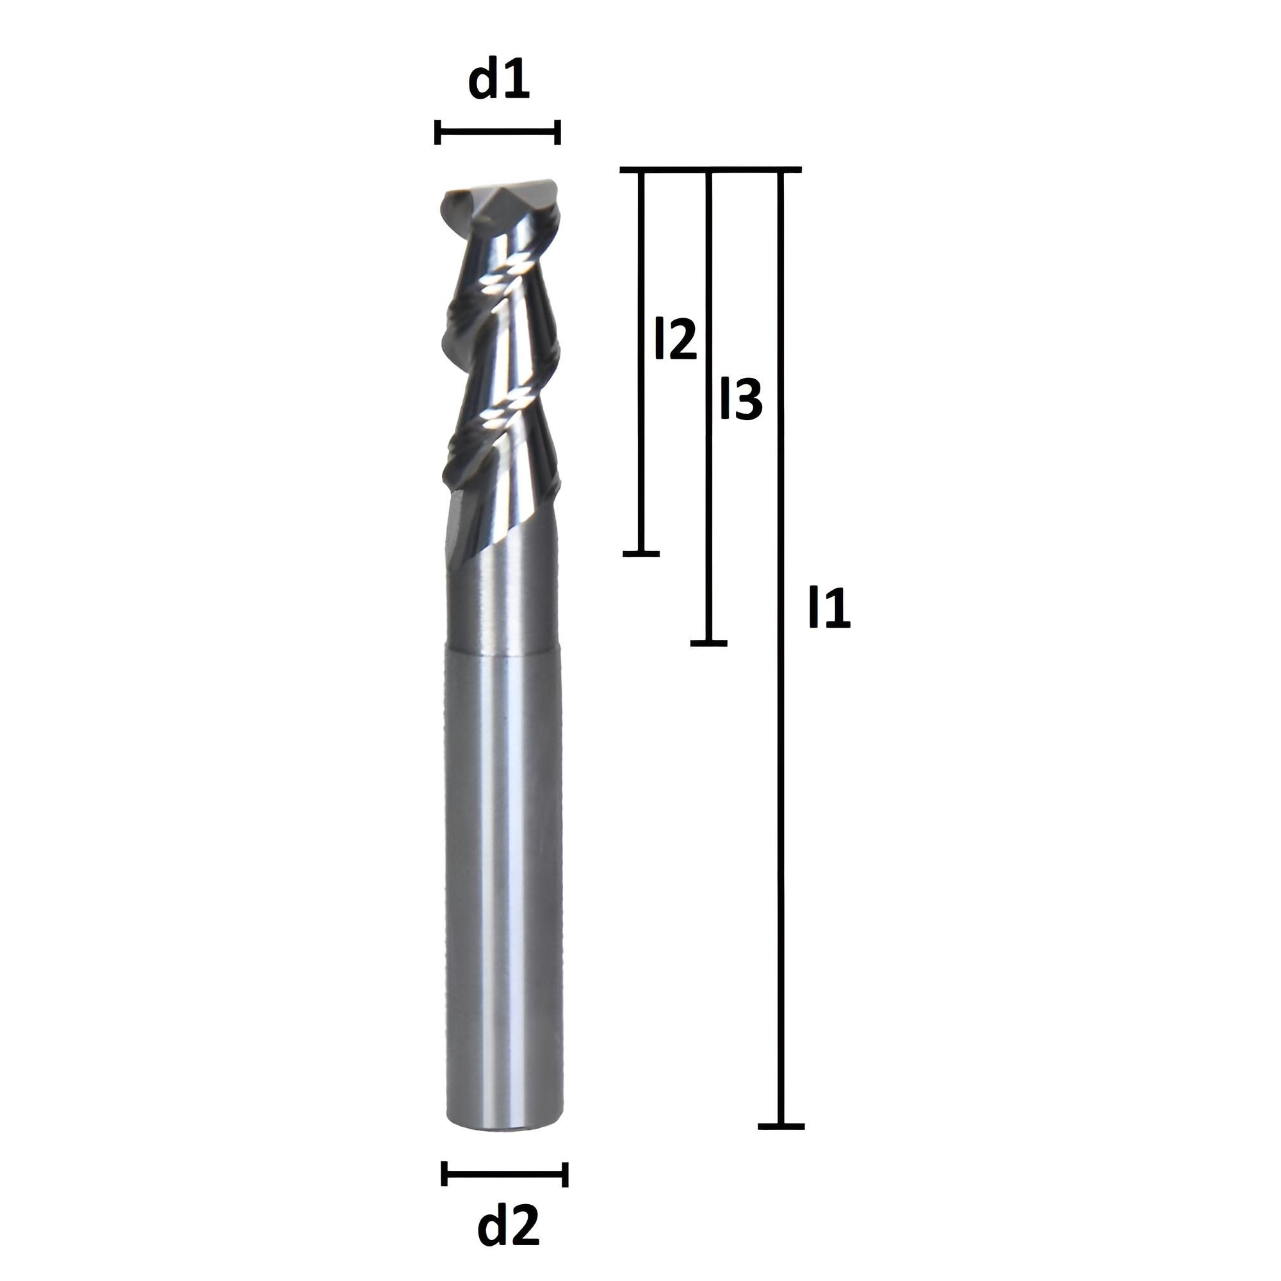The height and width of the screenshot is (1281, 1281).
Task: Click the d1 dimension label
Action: click(x=498, y=79)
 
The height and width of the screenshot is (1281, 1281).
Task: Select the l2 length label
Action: click(x=676, y=339)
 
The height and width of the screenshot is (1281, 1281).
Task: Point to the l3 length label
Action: click(x=741, y=399)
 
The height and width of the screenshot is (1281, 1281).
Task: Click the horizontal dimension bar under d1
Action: click(x=498, y=132)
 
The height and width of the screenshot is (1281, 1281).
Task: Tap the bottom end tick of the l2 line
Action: click(x=641, y=553)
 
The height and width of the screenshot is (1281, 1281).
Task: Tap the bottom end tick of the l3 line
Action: click(x=709, y=643)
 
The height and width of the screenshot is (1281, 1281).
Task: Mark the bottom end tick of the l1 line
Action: click(x=781, y=1126)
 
